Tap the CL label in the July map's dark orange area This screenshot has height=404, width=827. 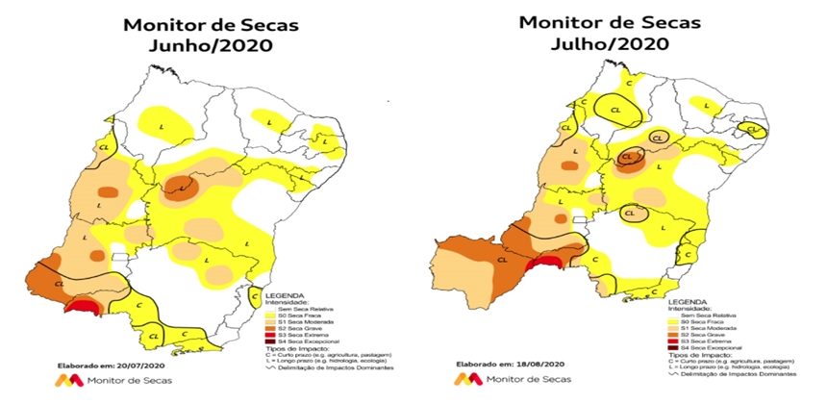pyautogui.click(x=502, y=258)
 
